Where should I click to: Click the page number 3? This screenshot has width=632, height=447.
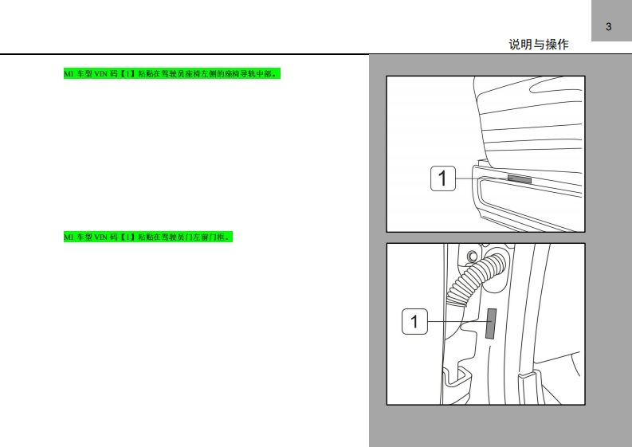click(x=608, y=26)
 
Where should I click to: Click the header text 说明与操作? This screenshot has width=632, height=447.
click(x=539, y=45)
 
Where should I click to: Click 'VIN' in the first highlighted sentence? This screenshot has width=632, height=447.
click(x=100, y=74)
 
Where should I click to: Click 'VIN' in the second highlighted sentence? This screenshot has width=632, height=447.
click(x=100, y=237)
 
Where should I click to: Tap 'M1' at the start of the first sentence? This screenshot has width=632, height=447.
click(x=69, y=74)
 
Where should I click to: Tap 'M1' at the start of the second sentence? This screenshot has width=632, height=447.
click(x=69, y=237)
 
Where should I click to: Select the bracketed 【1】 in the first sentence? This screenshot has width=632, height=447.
click(x=128, y=74)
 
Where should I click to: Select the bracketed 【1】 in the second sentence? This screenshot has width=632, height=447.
click(x=128, y=237)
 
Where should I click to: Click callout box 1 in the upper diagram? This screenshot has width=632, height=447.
click(x=443, y=178)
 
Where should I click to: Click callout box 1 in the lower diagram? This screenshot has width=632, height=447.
click(x=414, y=321)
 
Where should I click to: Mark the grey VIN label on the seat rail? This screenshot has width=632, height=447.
click(x=520, y=179)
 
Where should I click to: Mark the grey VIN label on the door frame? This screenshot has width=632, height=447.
click(x=491, y=323)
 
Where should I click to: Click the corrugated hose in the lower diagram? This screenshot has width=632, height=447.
click(x=476, y=278)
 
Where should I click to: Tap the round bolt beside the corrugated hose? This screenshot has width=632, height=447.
click(x=472, y=256)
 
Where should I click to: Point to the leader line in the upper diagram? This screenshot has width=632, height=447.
click(x=481, y=178)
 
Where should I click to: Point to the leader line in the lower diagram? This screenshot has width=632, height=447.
click(x=457, y=321)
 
